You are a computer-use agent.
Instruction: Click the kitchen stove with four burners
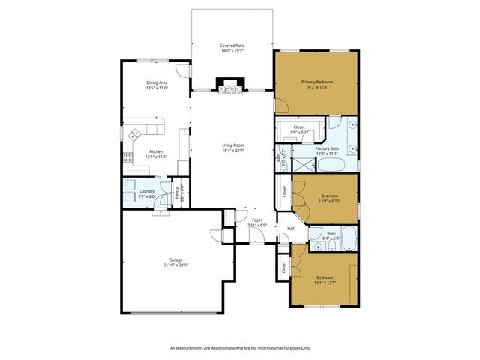click(x=128, y=158)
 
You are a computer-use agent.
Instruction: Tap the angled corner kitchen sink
click(x=135, y=136)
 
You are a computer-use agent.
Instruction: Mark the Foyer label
click(x=256, y=220)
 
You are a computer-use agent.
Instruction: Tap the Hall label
click(x=290, y=229)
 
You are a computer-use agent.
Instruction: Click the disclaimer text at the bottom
click(x=240, y=348)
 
